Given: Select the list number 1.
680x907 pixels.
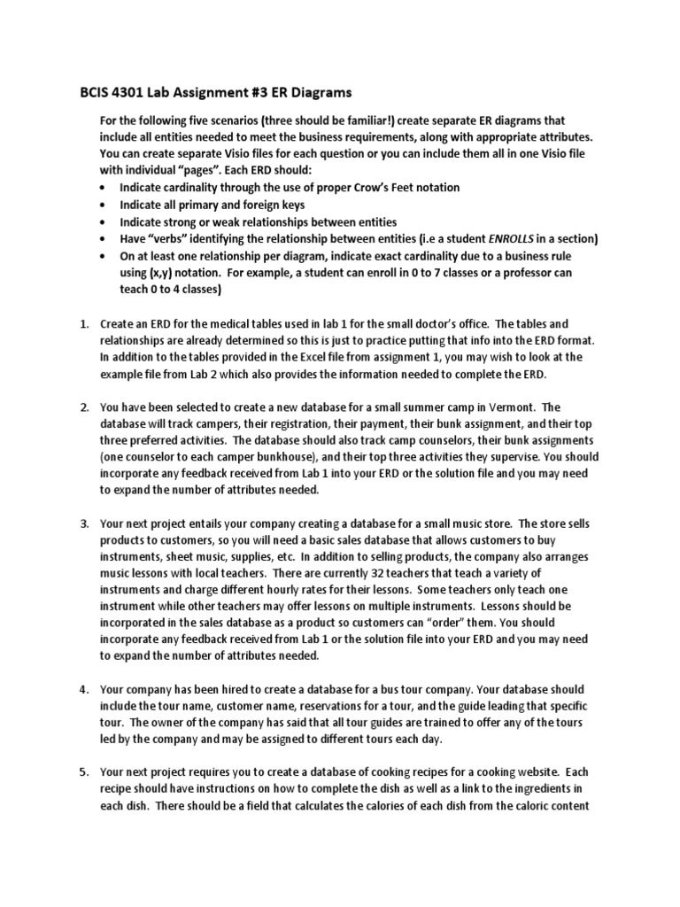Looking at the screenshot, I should pyautogui.click(x=84, y=323).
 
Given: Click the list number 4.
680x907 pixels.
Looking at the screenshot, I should pyautogui.click(x=84, y=689).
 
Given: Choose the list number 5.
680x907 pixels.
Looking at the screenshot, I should pyautogui.click(x=84, y=772).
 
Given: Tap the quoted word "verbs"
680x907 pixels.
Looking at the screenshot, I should pyautogui.click(x=168, y=239).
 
